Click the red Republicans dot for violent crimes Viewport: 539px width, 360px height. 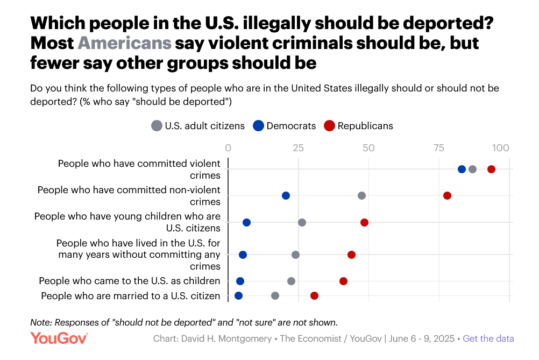tap(491, 170)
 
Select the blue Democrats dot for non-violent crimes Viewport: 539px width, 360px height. tap(286, 195)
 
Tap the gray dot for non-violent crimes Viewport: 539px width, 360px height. tap(361, 195)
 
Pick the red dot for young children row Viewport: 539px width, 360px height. tap(364, 222)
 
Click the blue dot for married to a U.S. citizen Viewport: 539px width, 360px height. tap(238, 295)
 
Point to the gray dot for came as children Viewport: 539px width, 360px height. tap(291, 281)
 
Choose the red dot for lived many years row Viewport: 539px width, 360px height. tap(351, 255)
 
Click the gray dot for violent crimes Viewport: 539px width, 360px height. tap(472, 170)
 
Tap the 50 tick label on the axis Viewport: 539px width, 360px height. tap(368, 147)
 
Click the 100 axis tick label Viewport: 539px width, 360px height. tap(501, 147)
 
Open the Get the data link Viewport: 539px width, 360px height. tap(488, 338)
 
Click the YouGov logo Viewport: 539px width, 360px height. tap(59, 338)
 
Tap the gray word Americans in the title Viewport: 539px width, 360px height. tap(125, 43)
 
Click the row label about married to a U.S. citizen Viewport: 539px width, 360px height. tap(131, 295)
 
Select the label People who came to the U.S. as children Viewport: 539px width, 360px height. tap(130, 281)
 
